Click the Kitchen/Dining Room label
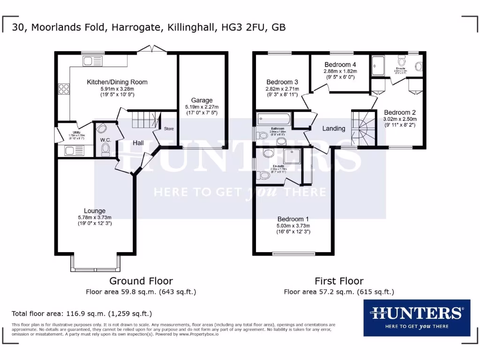click(117, 82)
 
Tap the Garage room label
click(202, 100)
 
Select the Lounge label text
click(95, 211)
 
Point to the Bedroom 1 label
click(293, 219)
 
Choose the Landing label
click(334, 128)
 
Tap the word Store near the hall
click(168, 128)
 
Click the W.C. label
click(105, 140)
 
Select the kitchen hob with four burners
click(63, 89)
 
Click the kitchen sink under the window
click(92, 61)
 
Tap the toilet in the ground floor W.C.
click(105, 150)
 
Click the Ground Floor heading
click(141, 281)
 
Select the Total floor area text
click(82, 314)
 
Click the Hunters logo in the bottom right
click(417, 317)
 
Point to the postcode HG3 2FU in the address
click(245, 28)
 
